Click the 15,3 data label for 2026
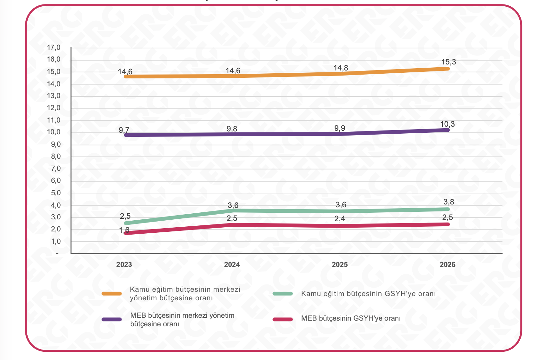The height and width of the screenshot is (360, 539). click(448, 62)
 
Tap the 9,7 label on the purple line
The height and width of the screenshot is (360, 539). click(124, 130)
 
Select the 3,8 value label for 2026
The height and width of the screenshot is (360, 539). click(448, 202)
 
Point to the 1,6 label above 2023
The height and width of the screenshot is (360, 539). click(124, 230)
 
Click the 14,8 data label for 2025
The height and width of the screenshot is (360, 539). click(341, 68)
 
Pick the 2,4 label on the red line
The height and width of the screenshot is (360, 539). click(340, 219)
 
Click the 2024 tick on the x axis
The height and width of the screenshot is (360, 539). click(232, 264)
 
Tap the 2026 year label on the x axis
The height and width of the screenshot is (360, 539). click(447, 264)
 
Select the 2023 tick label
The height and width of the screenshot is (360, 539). click(124, 264)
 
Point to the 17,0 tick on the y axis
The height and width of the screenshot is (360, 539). click(54, 48)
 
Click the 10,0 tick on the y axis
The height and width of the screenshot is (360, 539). click(54, 132)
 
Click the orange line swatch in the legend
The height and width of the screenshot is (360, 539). click(111, 294)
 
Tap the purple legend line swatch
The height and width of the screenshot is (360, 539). click(111, 319)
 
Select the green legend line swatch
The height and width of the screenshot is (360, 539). click(283, 294)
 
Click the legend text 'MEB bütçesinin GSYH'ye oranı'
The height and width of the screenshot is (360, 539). click(351, 318)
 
